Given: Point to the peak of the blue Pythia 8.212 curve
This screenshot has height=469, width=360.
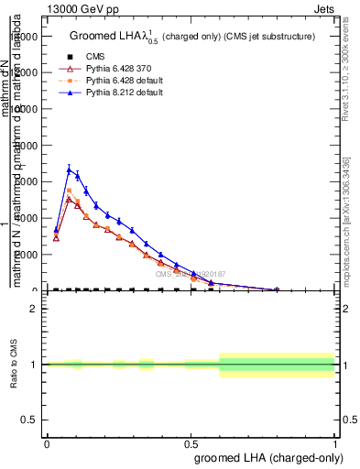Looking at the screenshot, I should click(x=69, y=169).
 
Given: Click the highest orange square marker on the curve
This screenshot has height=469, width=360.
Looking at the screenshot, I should click(x=69, y=191).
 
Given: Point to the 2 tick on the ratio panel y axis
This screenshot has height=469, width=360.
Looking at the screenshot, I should click(x=34, y=310).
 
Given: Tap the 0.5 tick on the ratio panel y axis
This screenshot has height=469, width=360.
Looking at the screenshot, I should click(x=30, y=420).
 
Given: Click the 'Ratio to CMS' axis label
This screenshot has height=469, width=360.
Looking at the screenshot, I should click(x=15, y=365).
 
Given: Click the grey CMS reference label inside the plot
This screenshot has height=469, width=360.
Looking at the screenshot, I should click(x=190, y=273).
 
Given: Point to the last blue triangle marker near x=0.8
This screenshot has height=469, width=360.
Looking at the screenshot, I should click(x=277, y=289).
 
